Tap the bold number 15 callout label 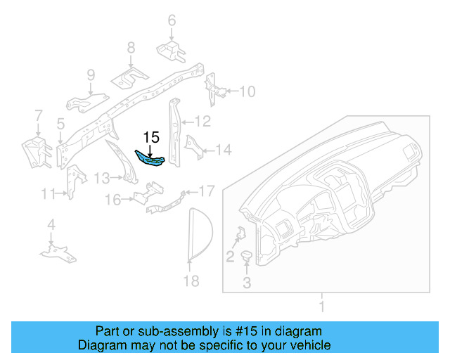pos(152,138)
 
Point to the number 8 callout pos(131,47)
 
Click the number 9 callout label pos(91,75)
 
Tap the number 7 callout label pos(39,115)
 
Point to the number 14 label pos(223,149)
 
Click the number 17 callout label pos(206,191)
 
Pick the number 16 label pos(113,200)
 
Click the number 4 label pos(51,224)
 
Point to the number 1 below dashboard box pos(322,307)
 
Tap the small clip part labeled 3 pos(247,257)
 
